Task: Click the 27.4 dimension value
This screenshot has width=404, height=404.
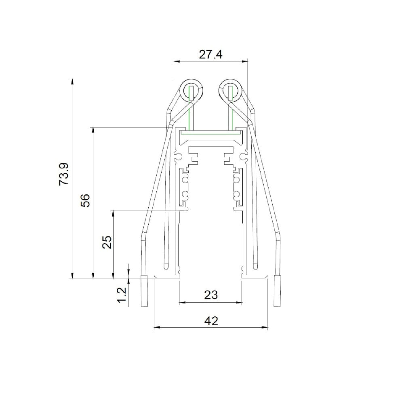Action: click(x=210, y=55)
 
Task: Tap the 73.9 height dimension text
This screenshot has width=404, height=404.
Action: click(x=64, y=174)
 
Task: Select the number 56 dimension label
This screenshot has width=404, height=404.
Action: click(x=85, y=200)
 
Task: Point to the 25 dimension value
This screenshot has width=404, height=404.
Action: click(x=107, y=242)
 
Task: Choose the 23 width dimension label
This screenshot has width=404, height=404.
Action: click(x=211, y=295)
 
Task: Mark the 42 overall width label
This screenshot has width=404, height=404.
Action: click(x=211, y=321)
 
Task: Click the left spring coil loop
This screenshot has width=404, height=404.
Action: click(x=191, y=90)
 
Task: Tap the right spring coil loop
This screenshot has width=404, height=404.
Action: click(x=230, y=90)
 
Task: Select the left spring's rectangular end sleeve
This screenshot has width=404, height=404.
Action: click(x=145, y=291)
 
